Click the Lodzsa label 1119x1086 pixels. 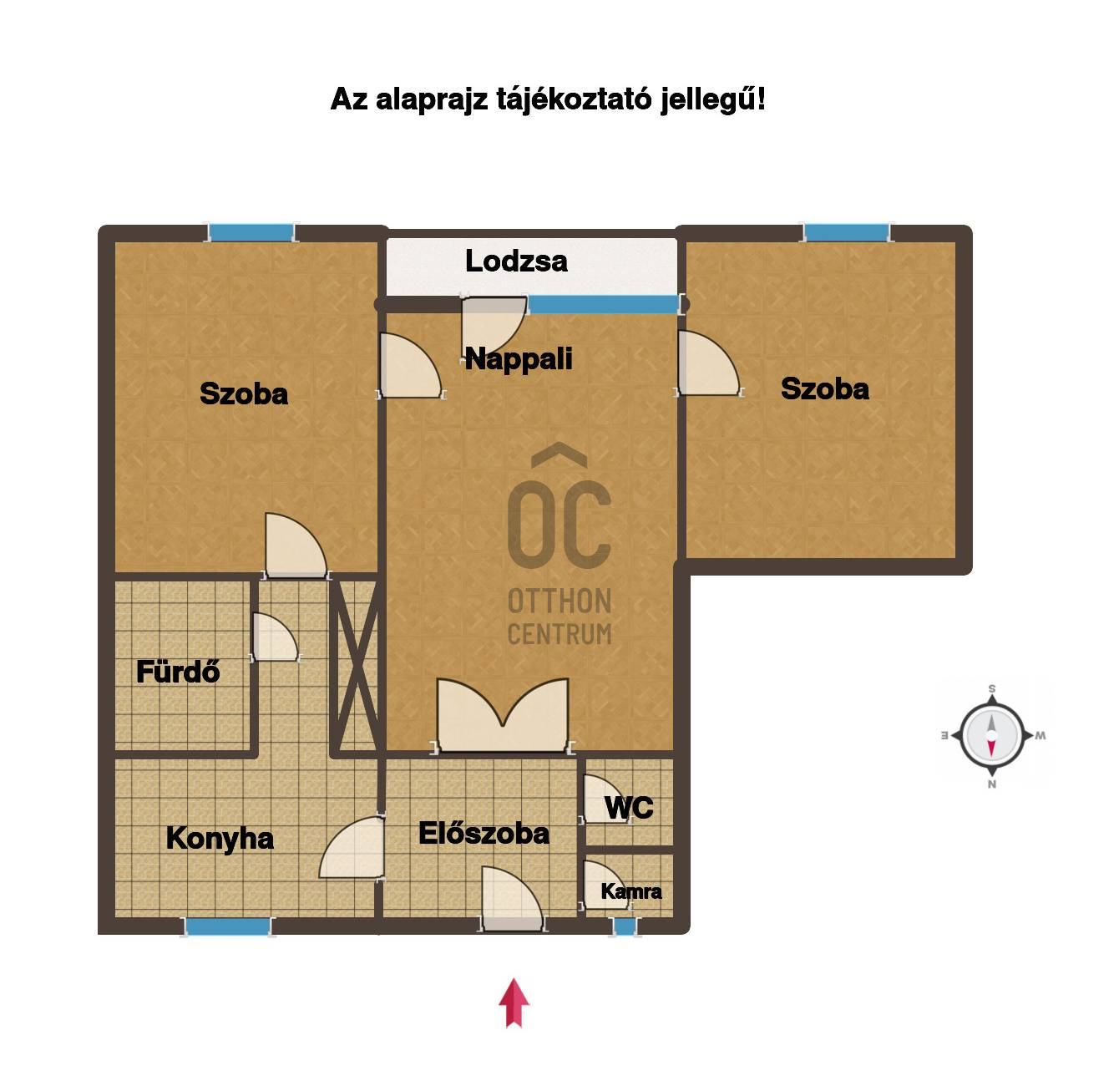[516, 261]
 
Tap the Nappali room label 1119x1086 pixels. [518, 359]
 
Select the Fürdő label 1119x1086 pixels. [178, 672]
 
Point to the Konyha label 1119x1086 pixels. [220, 838]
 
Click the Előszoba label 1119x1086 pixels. [484, 833]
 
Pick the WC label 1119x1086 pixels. [629, 808]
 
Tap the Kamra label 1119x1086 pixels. [630, 891]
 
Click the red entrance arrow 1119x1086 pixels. [514, 1002]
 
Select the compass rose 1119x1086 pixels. [992, 736]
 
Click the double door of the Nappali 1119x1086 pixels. [503, 716]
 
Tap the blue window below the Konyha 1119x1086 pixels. [228, 926]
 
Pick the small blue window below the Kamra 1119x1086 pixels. [625, 926]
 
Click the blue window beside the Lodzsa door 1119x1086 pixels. [603, 304]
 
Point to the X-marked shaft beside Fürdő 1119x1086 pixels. [357, 666]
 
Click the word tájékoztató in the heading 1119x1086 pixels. [574, 100]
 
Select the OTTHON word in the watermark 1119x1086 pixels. [559, 601]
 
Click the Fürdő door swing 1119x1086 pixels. [275, 637]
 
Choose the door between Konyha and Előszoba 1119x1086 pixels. [352, 847]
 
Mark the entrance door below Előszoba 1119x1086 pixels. [512, 898]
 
